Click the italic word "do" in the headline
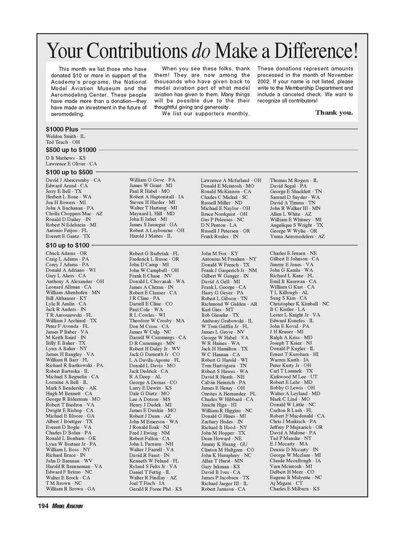pos(203,51)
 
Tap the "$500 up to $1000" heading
pos(71,150)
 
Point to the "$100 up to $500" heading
pos(69,172)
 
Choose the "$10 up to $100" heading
pos(68,245)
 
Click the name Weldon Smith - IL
pos(65,136)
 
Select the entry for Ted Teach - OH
pos(63,142)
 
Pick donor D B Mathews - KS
pos(66,158)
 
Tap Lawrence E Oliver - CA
pos(71,164)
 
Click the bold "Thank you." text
pos(334,113)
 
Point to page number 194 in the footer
pos(43,506)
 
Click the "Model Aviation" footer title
pos(68,506)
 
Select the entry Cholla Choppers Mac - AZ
pos(74,214)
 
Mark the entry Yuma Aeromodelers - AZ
pos(297,236)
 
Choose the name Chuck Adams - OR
pos(66,253)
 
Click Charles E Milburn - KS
pos(295,489)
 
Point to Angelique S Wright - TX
pos(296,225)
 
